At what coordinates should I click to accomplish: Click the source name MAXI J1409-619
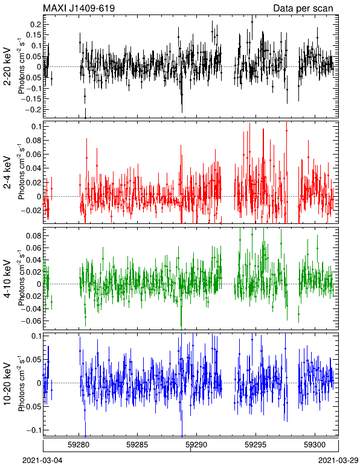(x=79, y=8)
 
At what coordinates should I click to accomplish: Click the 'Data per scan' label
(x=303, y=8)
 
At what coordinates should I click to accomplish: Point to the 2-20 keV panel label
(x=8, y=66)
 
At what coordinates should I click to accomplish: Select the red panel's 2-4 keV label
(x=8, y=173)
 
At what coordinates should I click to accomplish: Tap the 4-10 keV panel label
(x=8, y=279)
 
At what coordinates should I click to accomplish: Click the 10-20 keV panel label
(x=8, y=384)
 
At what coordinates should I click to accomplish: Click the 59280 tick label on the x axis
(x=79, y=445)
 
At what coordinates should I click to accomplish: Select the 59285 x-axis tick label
(x=137, y=445)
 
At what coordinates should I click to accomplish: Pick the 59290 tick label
(x=196, y=445)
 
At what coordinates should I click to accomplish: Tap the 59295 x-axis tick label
(x=256, y=445)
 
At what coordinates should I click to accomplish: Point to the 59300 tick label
(x=315, y=445)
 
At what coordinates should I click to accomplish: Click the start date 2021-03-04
(x=42, y=461)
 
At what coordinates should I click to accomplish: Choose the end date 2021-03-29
(x=338, y=461)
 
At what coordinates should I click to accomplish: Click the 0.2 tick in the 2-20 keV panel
(x=36, y=24)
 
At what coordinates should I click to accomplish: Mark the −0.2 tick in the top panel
(x=33, y=110)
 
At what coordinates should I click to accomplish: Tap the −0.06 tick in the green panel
(x=32, y=321)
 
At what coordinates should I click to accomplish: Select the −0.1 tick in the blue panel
(x=33, y=430)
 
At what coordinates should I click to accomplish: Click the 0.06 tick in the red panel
(x=34, y=155)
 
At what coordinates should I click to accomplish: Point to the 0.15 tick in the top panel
(x=34, y=35)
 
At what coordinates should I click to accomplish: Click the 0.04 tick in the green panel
(x=34, y=260)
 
